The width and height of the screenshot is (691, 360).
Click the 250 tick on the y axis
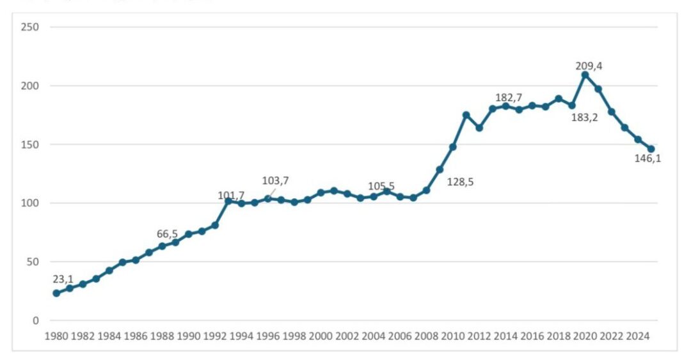pyautogui.click(x=29, y=27)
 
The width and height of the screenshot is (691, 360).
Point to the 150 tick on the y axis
pyautogui.click(x=29, y=145)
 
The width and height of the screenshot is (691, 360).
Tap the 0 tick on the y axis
pyautogui.click(x=36, y=320)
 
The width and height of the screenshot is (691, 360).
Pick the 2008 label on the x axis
pyautogui.click(x=426, y=335)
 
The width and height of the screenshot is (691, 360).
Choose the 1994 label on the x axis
pyautogui.click(x=241, y=335)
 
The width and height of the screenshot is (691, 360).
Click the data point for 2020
pyautogui.click(x=585, y=75)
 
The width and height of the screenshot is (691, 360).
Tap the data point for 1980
pyautogui.click(x=56, y=293)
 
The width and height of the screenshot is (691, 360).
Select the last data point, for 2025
pyautogui.click(x=651, y=149)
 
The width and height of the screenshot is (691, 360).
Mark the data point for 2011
pyautogui.click(x=466, y=115)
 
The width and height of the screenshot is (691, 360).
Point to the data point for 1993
pyautogui.click(x=228, y=201)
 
